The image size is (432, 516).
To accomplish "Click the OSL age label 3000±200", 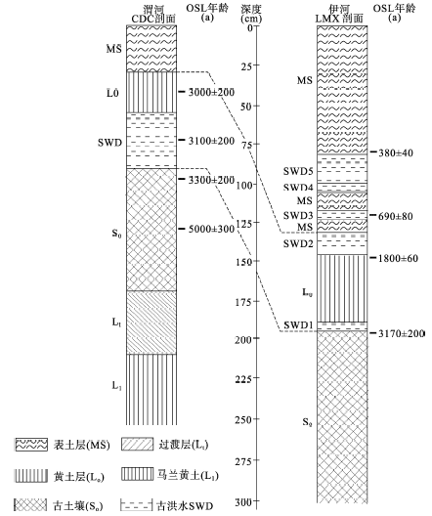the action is click(211, 92).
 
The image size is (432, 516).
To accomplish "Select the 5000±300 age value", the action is click(211, 229).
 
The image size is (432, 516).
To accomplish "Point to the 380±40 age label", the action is click(396, 152).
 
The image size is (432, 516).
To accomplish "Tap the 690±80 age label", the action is click(396, 216).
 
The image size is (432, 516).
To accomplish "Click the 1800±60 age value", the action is click(398, 258).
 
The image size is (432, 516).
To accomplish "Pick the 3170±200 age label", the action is click(401, 333).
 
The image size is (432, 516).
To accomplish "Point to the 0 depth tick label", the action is click(251, 27).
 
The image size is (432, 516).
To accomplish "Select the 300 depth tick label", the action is click(243, 502).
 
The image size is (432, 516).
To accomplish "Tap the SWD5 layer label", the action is click(298, 171).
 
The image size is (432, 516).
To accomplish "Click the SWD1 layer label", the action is click(298, 325).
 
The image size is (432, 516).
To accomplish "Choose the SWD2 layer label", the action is click(298, 243).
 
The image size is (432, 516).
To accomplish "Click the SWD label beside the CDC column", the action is click(109, 143).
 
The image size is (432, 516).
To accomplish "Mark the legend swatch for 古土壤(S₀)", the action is click(30, 505).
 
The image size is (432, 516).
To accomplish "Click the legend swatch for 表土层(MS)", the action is click(31, 445).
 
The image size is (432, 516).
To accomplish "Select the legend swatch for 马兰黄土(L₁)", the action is click(137, 474).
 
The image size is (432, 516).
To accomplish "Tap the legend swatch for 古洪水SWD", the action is click(137, 504).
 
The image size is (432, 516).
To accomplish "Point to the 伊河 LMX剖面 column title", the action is click(339, 14).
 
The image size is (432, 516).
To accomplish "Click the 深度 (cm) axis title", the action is click(251, 14).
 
